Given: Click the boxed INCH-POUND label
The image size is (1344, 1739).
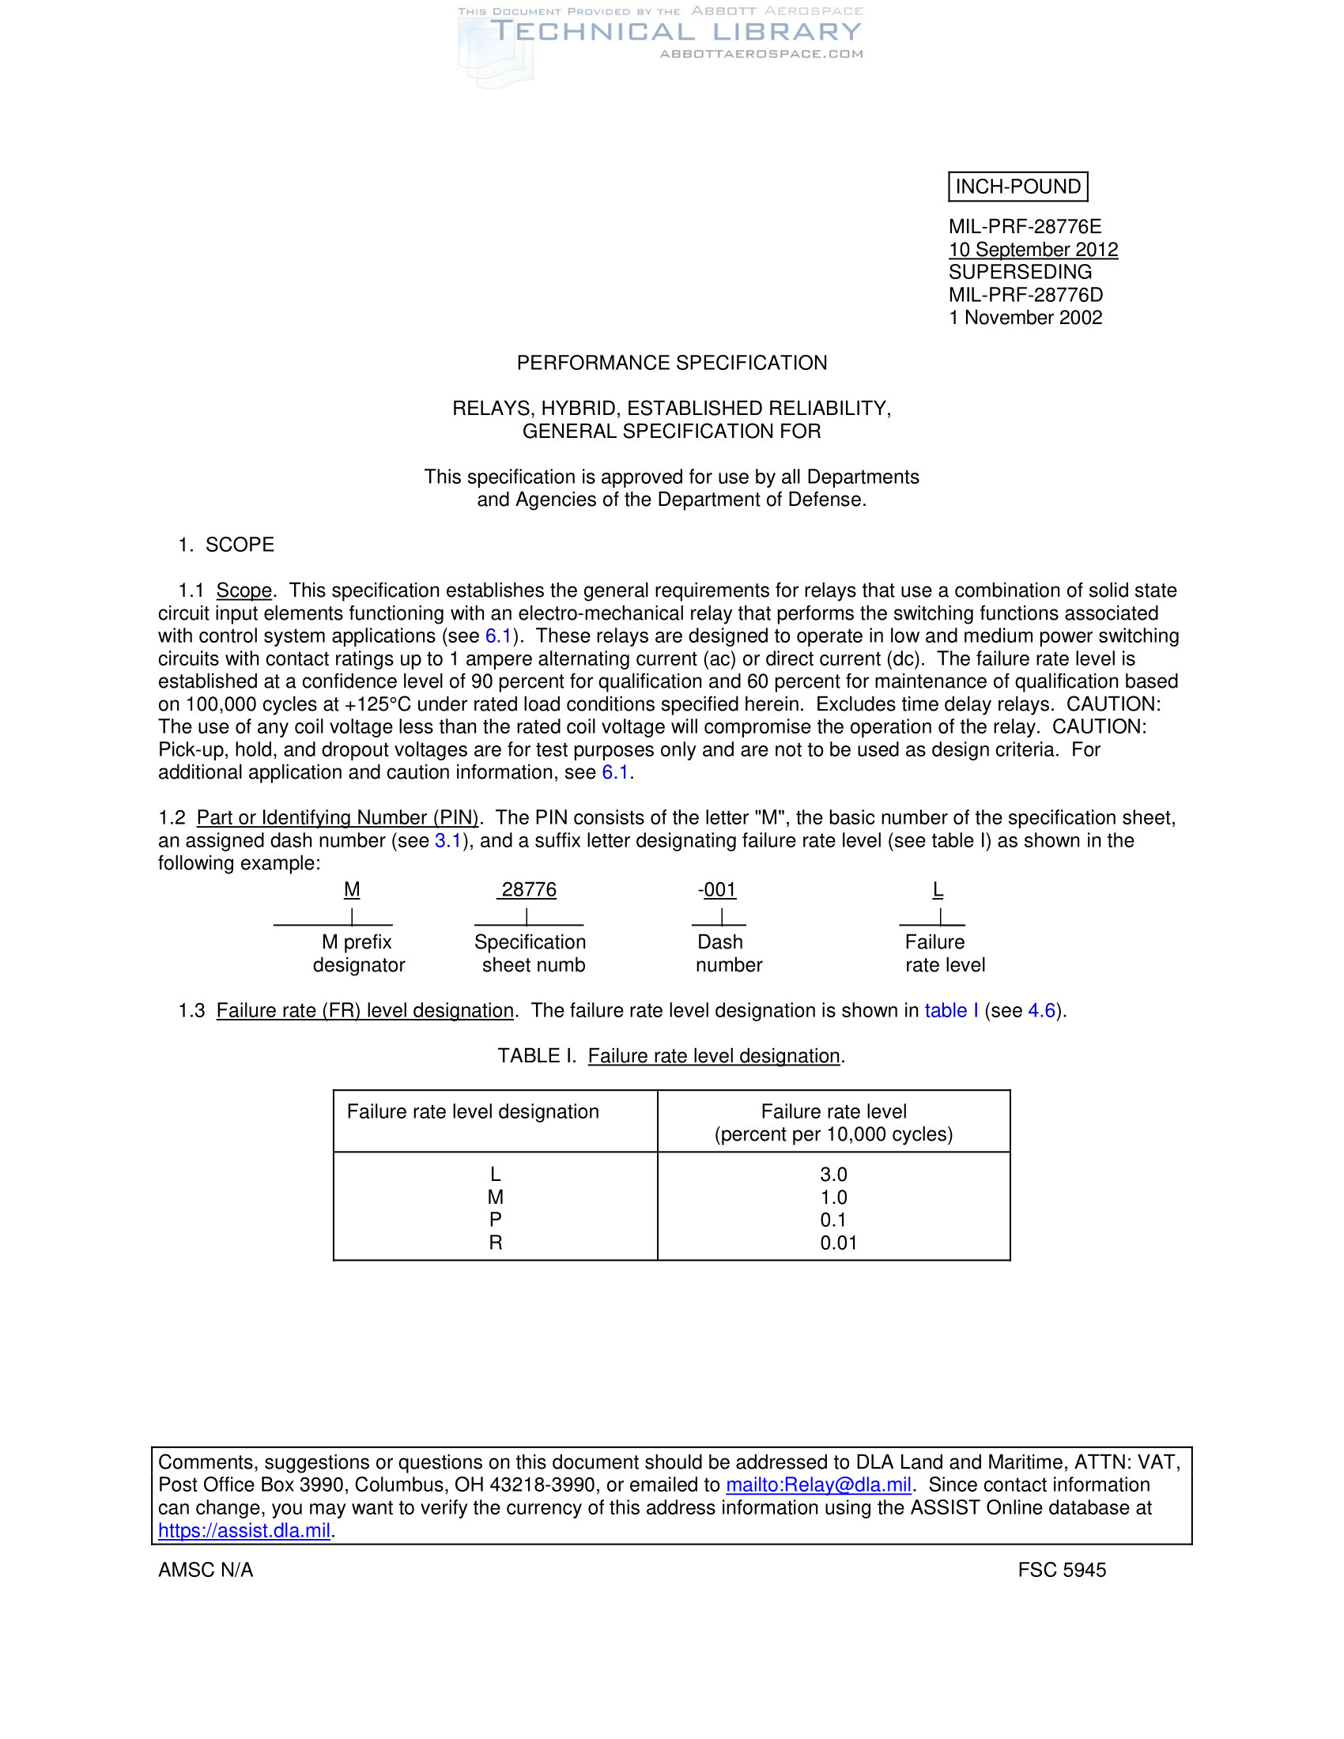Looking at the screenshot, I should pyautogui.click(x=1017, y=187).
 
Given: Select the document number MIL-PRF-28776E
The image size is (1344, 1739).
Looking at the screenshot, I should pyautogui.click(x=1025, y=227).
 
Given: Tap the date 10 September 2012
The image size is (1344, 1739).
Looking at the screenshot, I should pyautogui.click(x=1033, y=249).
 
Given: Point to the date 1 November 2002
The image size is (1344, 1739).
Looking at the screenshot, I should pyautogui.click(x=1025, y=318).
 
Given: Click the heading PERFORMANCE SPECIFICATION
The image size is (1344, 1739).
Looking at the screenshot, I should pyautogui.click(x=671, y=363).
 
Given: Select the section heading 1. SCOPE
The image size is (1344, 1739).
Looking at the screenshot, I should pyautogui.click(x=227, y=545).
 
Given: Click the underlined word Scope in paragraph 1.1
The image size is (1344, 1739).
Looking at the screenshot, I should pyautogui.click(x=244, y=590).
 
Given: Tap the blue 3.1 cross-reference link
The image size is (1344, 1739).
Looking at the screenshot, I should pyautogui.click(x=447, y=841).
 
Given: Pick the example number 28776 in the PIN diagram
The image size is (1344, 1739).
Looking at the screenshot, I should pyautogui.click(x=528, y=889).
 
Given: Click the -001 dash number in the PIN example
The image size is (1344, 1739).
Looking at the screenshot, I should pyautogui.click(x=717, y=889).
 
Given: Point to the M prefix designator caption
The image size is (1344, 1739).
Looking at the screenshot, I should pyautogui.click(x=358, y=953).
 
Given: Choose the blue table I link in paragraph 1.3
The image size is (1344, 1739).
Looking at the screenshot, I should pyautogui.click(x=950, y=1010).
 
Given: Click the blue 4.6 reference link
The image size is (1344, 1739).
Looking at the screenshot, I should pyautogui.click(x=1040, y=1010).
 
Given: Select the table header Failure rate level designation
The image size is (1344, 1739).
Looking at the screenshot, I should pyautogui.click(x=472, y=1111).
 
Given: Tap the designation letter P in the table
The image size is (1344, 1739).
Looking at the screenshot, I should pyautogui.click(x=495, y=1219).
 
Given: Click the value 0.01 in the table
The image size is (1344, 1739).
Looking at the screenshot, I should pyautogui.click(x=838, y=1242).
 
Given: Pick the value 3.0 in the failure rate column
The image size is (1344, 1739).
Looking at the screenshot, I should pyautogui.click(x=833, y=1175).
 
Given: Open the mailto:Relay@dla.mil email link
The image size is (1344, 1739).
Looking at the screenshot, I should pyautogui.click(x=817, y=1485).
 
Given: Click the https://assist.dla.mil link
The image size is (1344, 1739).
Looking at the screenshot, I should pyautogui.click(x=244, y=1530).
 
